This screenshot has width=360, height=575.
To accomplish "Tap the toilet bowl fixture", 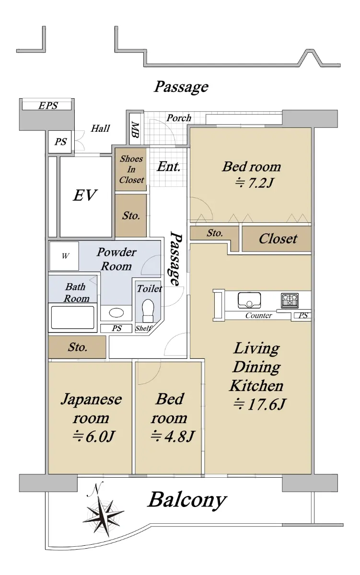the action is [x=148, y=310].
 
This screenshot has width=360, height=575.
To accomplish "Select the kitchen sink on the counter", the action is [x=249, y=300].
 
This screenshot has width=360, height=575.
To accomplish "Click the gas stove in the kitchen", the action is [x=290, y=300].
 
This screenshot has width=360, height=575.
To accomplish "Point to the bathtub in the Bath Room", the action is [x=72, y=317].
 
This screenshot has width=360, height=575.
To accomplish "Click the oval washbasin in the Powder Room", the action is [x=116, y=312].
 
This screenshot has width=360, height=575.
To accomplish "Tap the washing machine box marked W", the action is [x=64, y=256].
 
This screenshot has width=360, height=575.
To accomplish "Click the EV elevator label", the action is [x=85, y=195].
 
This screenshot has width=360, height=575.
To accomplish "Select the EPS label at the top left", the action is [x=48, y=105].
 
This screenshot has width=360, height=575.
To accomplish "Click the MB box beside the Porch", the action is [x=135, y=130].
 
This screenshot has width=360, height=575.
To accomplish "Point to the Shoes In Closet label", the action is [x=131, y=169].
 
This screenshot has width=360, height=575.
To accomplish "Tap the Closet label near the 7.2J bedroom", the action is [x=278, y=239].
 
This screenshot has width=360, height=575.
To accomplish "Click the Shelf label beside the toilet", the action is [x=143, y=328].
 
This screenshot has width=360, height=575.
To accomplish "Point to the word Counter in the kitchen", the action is [x=258, y=315].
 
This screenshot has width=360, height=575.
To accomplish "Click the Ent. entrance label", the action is [x=169, y=166].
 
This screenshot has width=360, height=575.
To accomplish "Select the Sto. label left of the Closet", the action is [x=215, y=233].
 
